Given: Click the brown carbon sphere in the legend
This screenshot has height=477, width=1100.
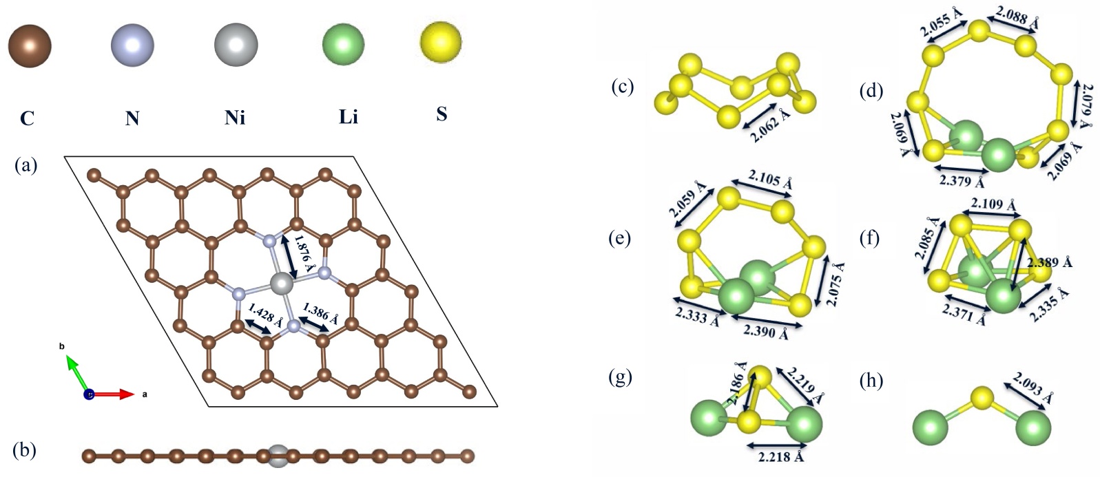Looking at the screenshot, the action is pyautogui.click(x=30, y=47).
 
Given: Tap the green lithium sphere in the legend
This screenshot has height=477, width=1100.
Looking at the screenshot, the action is pyautogui.click(x=343, y=46).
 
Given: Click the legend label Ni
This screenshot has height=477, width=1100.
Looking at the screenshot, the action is pyautogui.click(x=234, y=118).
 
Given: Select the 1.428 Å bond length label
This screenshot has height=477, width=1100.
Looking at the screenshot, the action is pyautogui.click(x=266, y=316).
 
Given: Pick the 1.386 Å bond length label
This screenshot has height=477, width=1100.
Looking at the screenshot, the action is pyautogui.click(x=320, y=312).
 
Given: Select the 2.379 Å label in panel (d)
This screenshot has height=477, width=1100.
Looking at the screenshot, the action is pyautogui.click(x=962, y=182).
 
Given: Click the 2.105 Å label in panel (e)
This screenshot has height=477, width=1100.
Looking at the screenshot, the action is pyautogui.click(x=771, y=180).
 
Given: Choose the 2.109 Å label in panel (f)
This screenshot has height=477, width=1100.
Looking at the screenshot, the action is pyautogui.click(x=993, y=204).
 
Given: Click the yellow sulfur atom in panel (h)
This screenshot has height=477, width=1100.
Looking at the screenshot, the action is pyautogui.click(x=982, y=397).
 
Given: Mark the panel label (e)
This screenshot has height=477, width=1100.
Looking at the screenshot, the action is pyautogui.click(x=621, y=239).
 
